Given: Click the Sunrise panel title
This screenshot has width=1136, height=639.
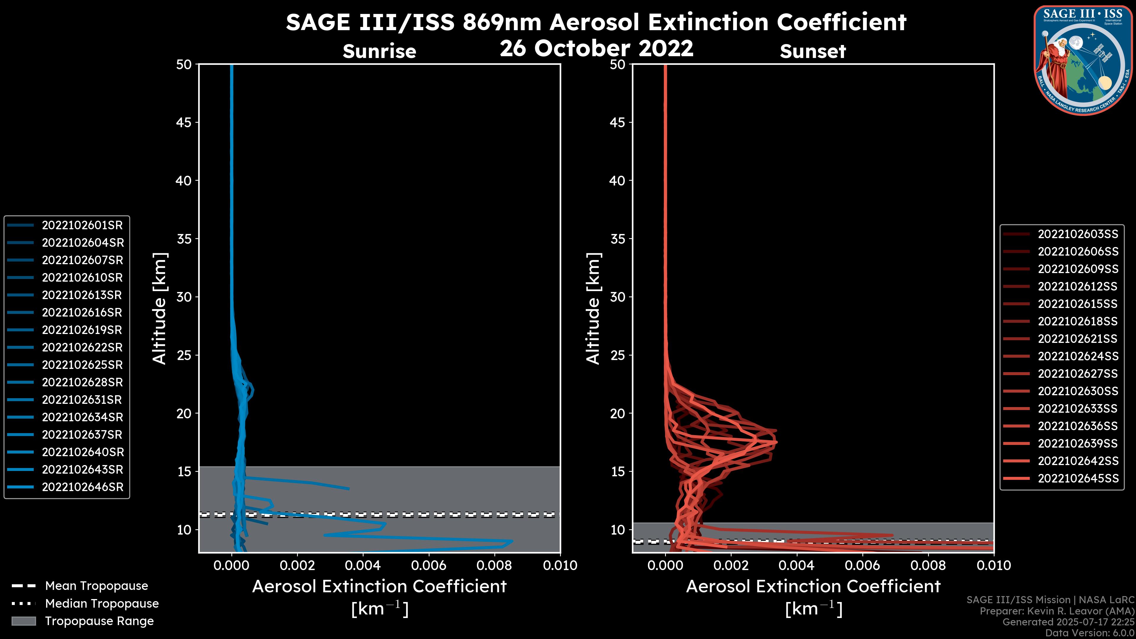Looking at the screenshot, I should pyautogui.click(x=379, y=51).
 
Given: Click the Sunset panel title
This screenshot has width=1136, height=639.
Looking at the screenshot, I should pyautogui.click(x=812, y=51).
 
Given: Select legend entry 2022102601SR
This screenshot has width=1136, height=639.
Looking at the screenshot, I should pyautogui.click(x=82, y=225).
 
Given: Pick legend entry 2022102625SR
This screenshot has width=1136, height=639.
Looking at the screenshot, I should pyautogui.click(x=82, y=365).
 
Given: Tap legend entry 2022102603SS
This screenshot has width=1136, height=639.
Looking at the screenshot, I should pyautogui.click(x=1078, y=234).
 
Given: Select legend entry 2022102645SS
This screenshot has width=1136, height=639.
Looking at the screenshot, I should pyautogui.click(x=1078, y=478).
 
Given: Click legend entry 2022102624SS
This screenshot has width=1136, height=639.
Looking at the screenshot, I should pyautogui.click(x=1078, y=356).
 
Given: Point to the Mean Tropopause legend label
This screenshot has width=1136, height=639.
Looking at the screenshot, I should pyautogui.click(x=96, y=586).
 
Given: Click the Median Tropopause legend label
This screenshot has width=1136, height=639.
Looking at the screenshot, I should pyautogui.click(x=102, y=604).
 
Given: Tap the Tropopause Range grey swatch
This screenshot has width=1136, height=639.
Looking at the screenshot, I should pyautogui.click(x=23, y=621).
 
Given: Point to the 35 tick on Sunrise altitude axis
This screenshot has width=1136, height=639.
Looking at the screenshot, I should pyautogui.click(x=184, y=239).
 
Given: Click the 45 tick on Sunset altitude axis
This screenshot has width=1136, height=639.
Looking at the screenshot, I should pyautogui.click(x=617, y=122).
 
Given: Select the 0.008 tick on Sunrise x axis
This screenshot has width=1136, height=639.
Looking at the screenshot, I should pyautogui.click(x=494, y=565).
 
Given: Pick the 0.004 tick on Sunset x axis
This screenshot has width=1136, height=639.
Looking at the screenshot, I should pyautogui.click(x=797, y=565).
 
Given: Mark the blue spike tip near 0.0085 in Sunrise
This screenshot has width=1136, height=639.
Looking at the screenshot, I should pyautogui.click(x=511, y=541).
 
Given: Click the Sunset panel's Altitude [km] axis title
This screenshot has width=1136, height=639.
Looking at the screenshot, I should pyautogui.click(x=593, y=309).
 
